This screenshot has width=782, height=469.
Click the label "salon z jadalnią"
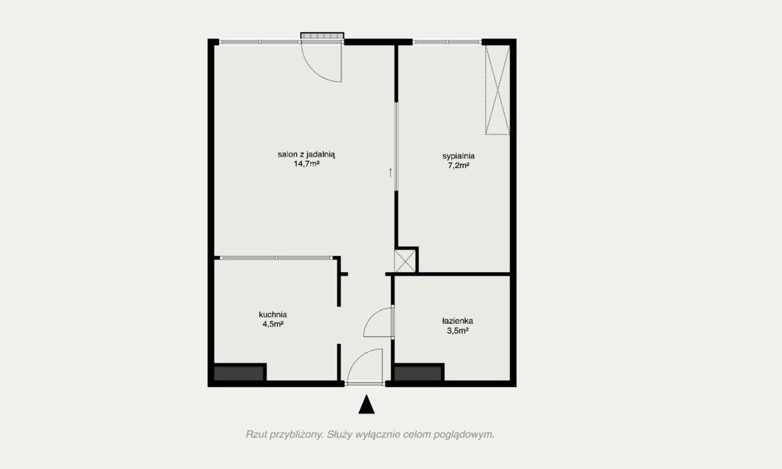point(306,154)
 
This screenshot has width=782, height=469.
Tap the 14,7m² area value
point(307,163)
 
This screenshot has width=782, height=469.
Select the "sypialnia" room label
point(458,156)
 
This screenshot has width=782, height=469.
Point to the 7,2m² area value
point(458,165)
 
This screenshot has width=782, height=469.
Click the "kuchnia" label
point(273,315)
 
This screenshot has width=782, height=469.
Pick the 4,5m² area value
point(273,324)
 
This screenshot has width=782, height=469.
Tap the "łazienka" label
point(457,321)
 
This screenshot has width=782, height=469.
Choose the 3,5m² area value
point(457,330)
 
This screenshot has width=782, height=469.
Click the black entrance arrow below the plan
point(367,404)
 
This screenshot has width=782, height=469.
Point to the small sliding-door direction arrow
point(390,173)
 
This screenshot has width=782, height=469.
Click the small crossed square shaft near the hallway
point(405,261)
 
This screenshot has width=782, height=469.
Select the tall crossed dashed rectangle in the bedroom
point(497,90)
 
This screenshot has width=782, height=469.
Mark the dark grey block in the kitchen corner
point(239,374)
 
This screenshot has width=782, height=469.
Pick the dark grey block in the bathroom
point(418,374)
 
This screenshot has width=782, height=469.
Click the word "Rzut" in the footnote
point(256,435)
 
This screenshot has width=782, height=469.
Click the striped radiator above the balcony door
point(322,35)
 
